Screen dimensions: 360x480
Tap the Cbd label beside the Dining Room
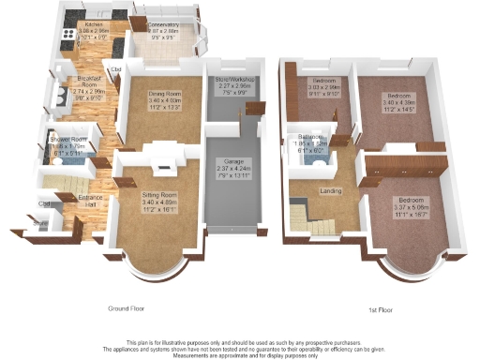117,69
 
